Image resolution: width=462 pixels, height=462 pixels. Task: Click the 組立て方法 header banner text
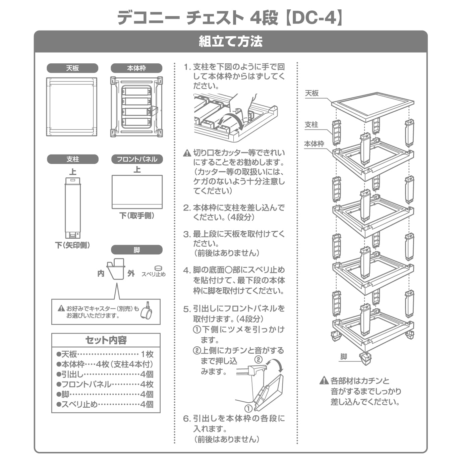pyautogui.click(x=231, y=42)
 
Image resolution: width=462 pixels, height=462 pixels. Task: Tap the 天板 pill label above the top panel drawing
pyautogui.click(x=72, y=68)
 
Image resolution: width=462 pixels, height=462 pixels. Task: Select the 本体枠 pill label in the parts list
pyautogui.click(x=136, y=68)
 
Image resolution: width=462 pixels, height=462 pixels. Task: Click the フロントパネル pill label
pyautogui.click(x=137, y=159)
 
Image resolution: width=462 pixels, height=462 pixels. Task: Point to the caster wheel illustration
pyautogui.click(x=147, y=311)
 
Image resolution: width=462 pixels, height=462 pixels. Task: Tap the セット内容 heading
pyautogui.click(x=106, y=340)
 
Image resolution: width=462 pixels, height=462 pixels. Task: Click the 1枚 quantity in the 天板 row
pyautogui.click(x=147, y=354)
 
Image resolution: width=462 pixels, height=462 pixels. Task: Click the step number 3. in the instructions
pyautogui.click(x=187, y=234)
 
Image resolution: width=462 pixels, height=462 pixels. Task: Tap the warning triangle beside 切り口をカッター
pyautogui.click(x=187, y=154)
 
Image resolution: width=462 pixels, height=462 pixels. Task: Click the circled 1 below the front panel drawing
pyautogui.click(x=248, y=408)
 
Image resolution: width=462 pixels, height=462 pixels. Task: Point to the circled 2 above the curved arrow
pyautogui.click(x=258, y=360)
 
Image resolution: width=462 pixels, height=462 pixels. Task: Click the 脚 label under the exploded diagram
pyautogui.click(x=344, y=356)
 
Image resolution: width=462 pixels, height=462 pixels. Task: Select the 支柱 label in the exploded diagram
pyautogui.click(x=311, y=124)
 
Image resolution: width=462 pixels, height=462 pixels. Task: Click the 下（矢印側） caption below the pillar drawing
pyautogui.click(x=72, y=245)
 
